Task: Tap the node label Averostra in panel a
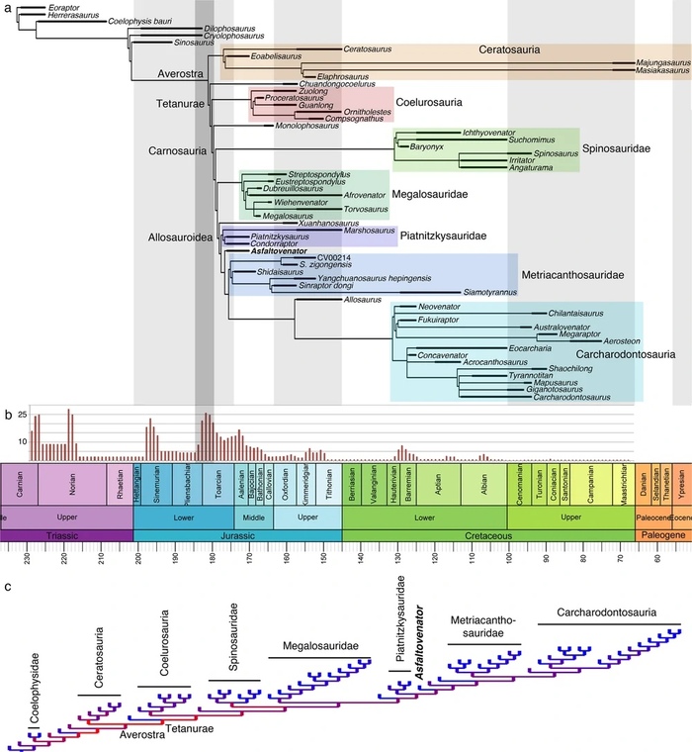click(181, 74)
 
